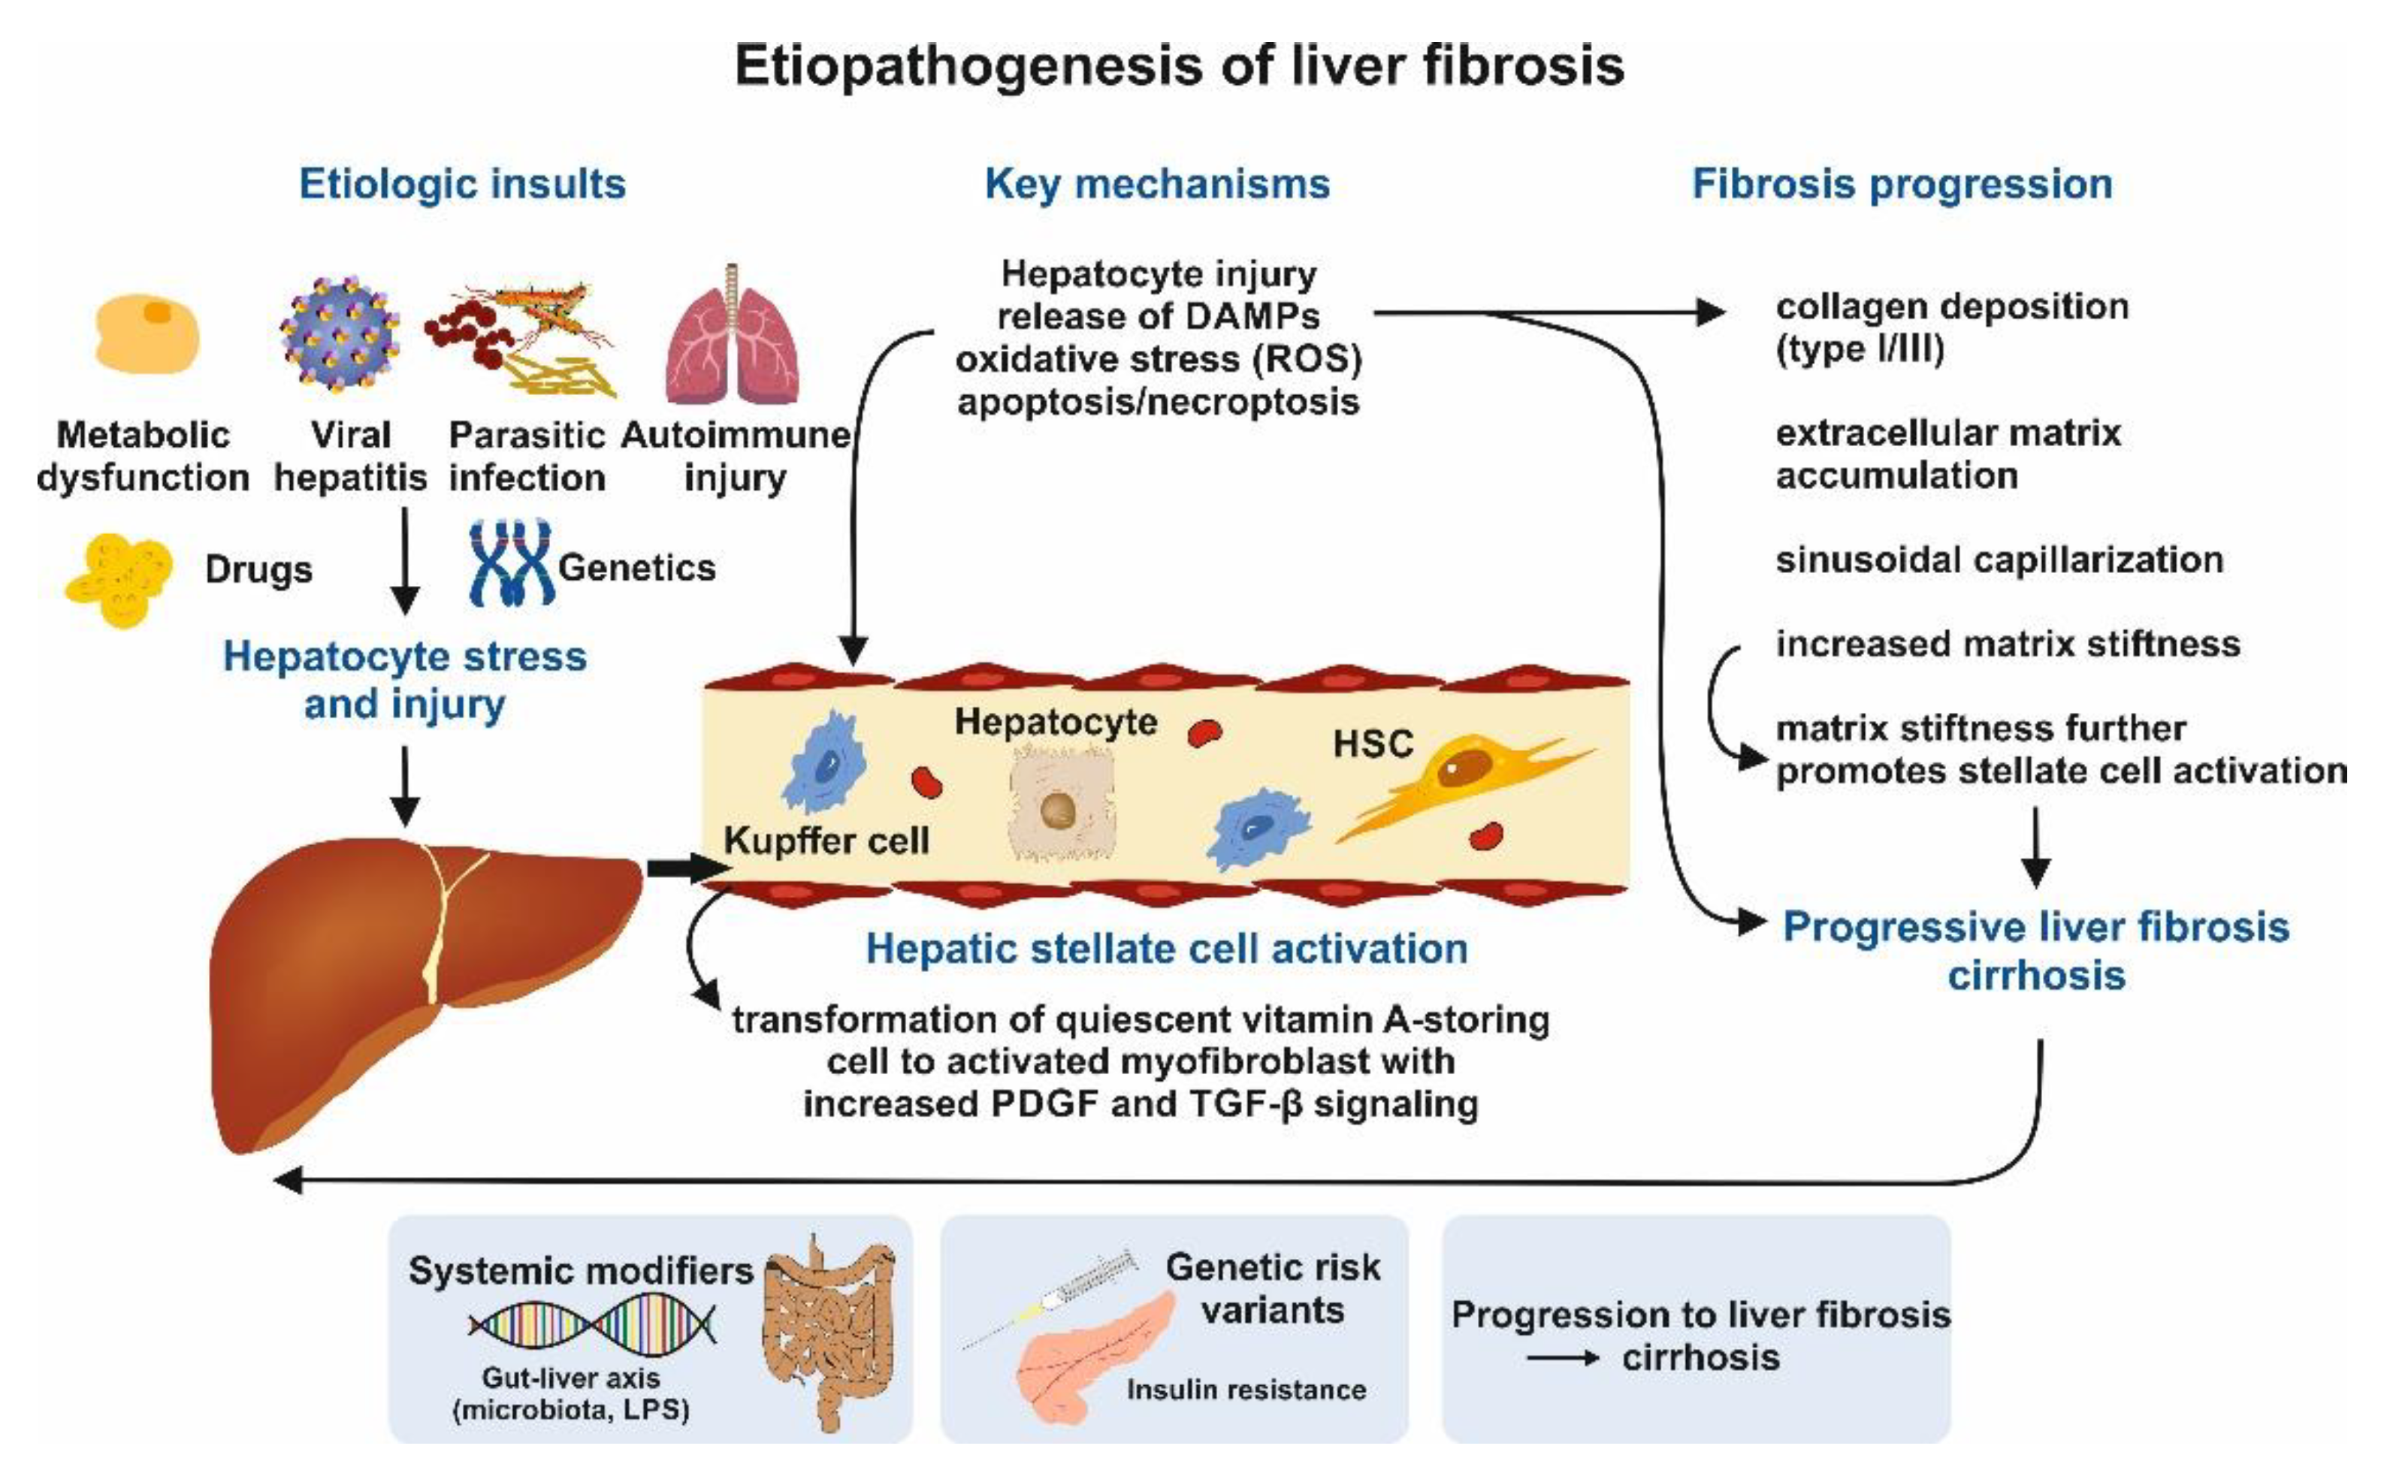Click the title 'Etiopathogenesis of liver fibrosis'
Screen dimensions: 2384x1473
tap(1179, 66)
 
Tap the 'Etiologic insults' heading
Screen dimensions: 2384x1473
tap(462, 184)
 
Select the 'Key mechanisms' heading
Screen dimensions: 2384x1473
tap(1157, 184)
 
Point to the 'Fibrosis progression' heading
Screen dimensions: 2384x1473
tap(1902, 184)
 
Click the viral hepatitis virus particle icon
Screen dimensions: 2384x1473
tap(339, 334)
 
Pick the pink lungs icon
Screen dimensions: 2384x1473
tap(733, 334)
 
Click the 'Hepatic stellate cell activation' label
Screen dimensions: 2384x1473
tap(1166, 948)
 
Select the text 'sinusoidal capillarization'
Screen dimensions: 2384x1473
tap(1999, 560)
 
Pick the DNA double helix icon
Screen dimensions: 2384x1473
tap(592, 1325)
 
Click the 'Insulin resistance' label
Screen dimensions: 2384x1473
tap(1246, 1389)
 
